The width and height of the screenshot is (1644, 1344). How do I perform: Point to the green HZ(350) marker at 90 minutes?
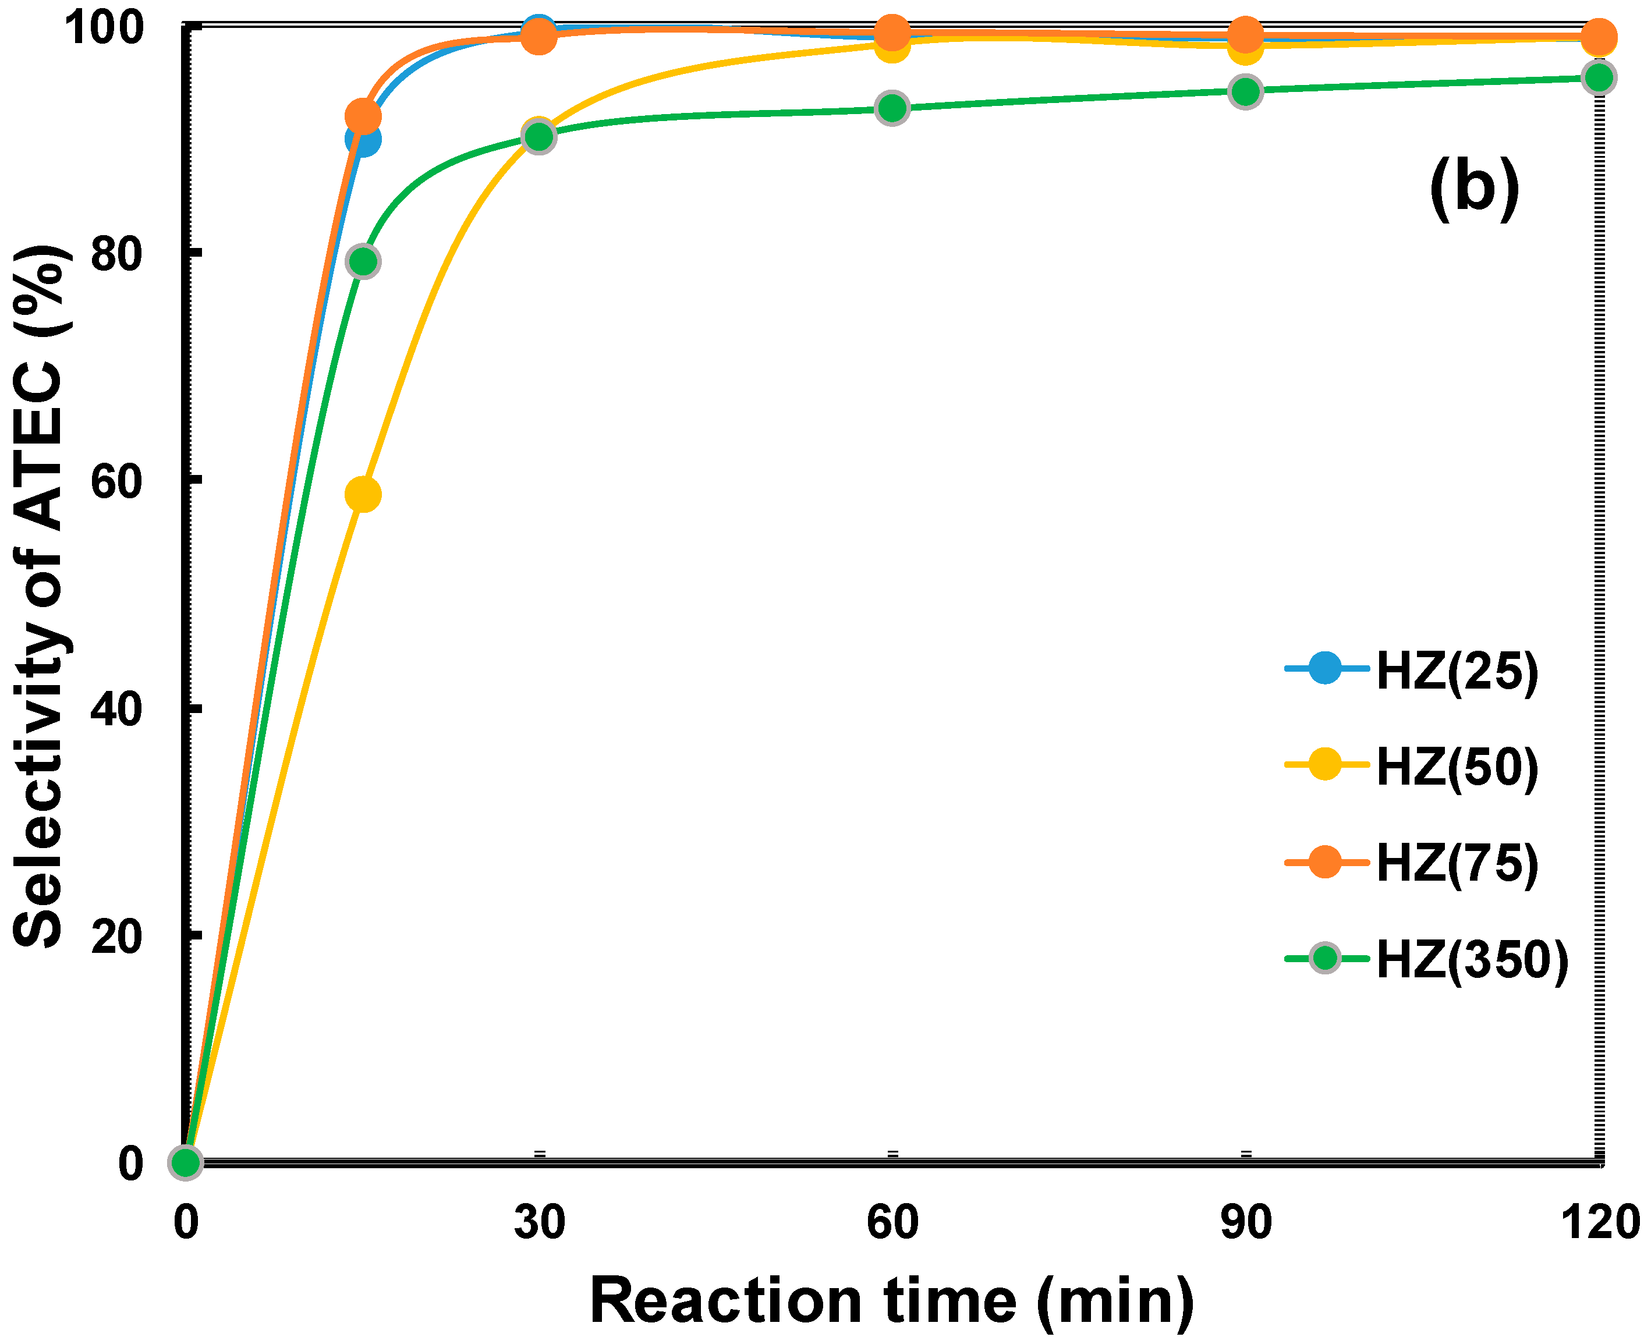point(1245,92)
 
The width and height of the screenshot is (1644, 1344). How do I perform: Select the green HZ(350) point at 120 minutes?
point(1599,77)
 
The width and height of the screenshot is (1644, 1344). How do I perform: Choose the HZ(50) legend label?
point(1456,767)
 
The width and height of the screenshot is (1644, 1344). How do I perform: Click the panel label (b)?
point(1473,188)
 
